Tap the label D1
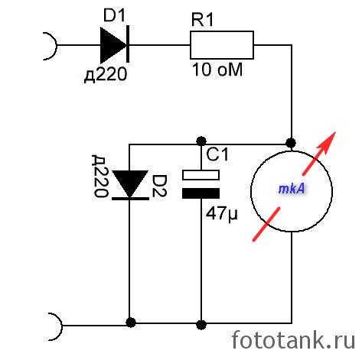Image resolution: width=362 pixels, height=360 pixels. coord(114,16)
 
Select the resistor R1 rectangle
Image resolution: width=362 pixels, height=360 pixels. coord(222,45)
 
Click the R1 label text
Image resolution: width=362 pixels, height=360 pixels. coord(202,20)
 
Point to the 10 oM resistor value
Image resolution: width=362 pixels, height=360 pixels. coord(217,70)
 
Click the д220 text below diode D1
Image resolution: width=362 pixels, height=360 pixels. coord(106,75)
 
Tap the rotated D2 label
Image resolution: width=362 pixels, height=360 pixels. coord(159,186)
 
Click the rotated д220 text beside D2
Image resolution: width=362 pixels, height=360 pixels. coord(99,177)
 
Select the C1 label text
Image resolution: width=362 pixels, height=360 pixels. coord(217,154)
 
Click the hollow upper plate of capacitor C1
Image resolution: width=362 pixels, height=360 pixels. coord(201,175)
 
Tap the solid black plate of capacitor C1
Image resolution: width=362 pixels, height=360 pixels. coord(201,193)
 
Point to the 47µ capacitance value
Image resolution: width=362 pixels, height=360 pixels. coord(222,213)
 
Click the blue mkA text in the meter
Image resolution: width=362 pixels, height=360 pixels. coord(292,189)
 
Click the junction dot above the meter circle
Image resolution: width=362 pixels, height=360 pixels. coord(291,143)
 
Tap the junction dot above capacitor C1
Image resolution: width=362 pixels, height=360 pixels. coord(201,141)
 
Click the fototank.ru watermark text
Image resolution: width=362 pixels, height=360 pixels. coord(293,339)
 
